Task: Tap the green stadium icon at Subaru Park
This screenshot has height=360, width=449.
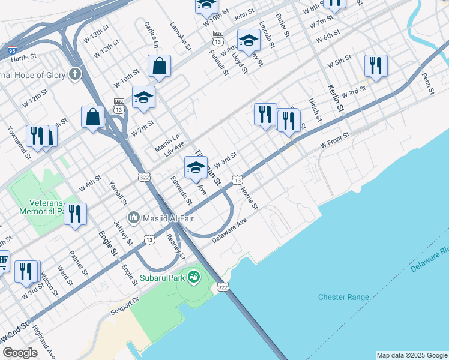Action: (194, 277)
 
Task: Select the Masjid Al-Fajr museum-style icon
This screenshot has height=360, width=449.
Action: (133, 216)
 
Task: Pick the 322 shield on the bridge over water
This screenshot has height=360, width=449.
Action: (223, 287)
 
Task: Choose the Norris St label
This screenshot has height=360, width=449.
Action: (249, 198)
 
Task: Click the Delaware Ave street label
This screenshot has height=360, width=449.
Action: (229, 229)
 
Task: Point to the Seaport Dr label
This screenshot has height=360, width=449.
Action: (125, 306)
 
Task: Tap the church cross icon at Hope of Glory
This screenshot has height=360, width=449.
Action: (74, 74)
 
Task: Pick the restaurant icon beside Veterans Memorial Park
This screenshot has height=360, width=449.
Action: (75, 214)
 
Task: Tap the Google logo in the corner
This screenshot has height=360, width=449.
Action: (20, 353)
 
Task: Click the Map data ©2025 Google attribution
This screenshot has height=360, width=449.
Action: (412, 355)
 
